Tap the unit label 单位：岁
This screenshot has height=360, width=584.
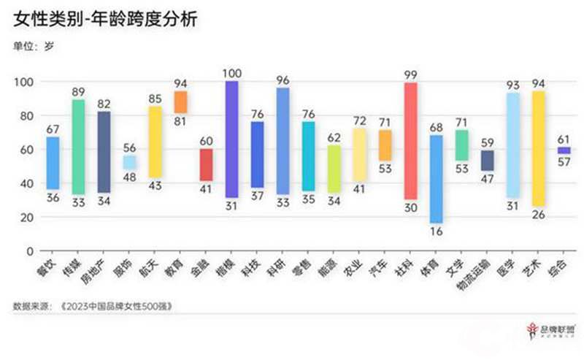34,47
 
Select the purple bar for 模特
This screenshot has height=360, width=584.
231,139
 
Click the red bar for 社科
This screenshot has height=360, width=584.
410,140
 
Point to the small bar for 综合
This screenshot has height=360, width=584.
564,150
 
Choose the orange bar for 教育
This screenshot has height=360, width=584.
180,102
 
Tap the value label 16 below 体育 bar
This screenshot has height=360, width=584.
436,232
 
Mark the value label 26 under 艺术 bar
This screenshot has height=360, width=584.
539,215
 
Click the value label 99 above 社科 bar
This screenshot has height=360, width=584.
410,74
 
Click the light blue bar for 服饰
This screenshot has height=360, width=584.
129,162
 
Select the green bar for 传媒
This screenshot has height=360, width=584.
78,147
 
